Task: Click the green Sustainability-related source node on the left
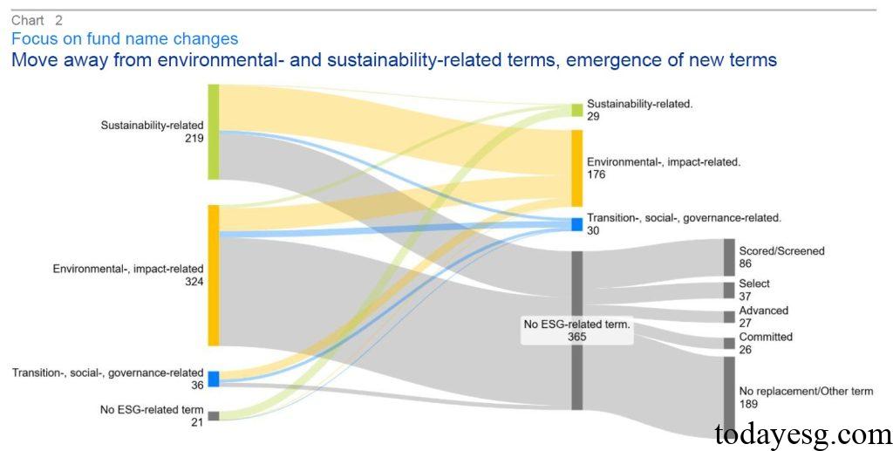tap(213, 132)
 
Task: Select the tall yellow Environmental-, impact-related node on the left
tap(213, 275)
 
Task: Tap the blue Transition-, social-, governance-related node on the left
tap(213, 379)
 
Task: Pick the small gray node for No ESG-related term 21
tap(213, 416)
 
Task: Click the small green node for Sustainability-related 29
tap(576, 110)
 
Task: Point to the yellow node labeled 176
tap(576, 168)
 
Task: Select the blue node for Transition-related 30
tap(576, 224)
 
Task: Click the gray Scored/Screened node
tap(729, 257)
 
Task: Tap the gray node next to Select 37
tap(729, 290)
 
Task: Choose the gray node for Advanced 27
tap(729, 317)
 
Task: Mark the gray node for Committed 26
tap(729, 343)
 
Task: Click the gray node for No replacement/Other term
tap(729, 397)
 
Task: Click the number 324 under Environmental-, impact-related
tap(194, 282)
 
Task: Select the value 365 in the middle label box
tap(576, 336)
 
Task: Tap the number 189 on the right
tap(748, 404)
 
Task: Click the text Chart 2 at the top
tap(37, 20)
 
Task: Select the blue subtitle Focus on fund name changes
tap(124, 39)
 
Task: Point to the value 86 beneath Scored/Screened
tap(746, 263)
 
